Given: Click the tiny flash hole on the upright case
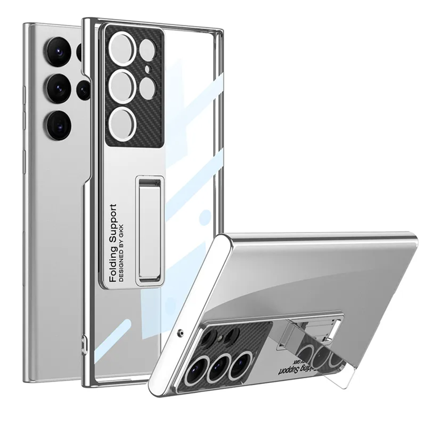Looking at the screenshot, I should coord(147,71).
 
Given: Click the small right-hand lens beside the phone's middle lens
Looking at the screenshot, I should coord(82,89).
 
